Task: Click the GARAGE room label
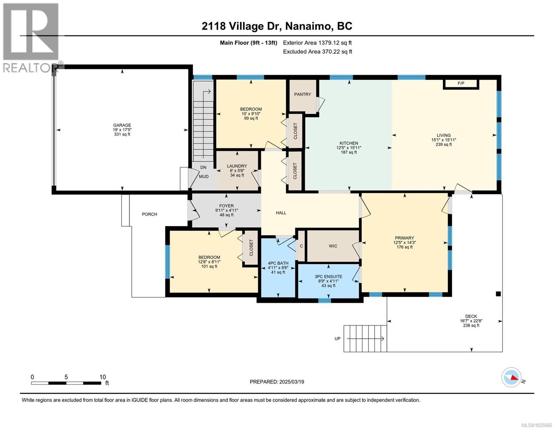122,125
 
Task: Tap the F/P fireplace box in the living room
461,84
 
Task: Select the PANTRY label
303,95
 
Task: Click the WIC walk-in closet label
333,246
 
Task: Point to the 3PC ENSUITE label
328,276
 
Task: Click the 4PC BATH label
278,264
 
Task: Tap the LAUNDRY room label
237,166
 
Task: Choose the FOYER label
227,206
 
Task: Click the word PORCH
149,214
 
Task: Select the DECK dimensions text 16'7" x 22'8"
471,321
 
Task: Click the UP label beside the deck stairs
337,339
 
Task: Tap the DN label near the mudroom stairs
203,167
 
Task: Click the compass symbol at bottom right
512,377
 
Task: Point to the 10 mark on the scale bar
103,377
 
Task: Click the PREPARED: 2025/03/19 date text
277,382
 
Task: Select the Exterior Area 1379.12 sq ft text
317,43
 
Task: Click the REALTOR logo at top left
31,37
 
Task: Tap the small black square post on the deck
498,294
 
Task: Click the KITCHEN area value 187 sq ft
349,152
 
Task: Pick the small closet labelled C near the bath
301,246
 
